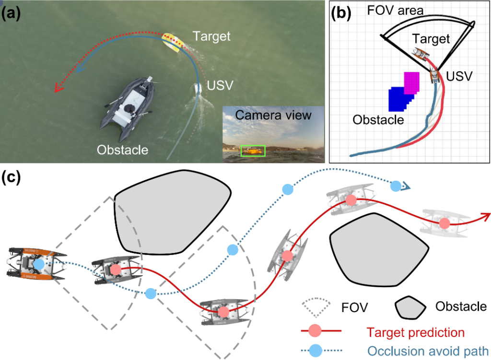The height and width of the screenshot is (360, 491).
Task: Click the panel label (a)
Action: (11, 14)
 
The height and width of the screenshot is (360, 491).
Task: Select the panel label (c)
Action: (11, 178)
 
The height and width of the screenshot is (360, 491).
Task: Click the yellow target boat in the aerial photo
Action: (171, 42)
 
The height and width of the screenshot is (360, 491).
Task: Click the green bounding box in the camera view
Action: (253, 151)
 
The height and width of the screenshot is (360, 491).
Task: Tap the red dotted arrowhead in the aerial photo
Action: (58, 88)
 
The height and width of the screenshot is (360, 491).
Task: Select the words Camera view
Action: (273, 115)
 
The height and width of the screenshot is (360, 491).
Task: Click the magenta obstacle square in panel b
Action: (411, 83)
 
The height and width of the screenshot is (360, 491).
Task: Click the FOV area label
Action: (395, 11)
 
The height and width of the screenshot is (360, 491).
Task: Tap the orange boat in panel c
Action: (36, 264)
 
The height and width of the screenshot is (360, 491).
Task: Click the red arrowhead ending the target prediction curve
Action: (486, 216)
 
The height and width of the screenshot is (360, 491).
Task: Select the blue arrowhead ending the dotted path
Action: (406, 186)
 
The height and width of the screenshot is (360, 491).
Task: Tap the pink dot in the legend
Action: (315, 331)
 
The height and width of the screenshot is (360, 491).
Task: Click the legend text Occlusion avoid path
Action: (428, 351)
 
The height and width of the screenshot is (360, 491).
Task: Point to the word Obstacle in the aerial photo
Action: (122, 150)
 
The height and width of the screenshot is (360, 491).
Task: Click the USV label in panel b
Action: (459, 76)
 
